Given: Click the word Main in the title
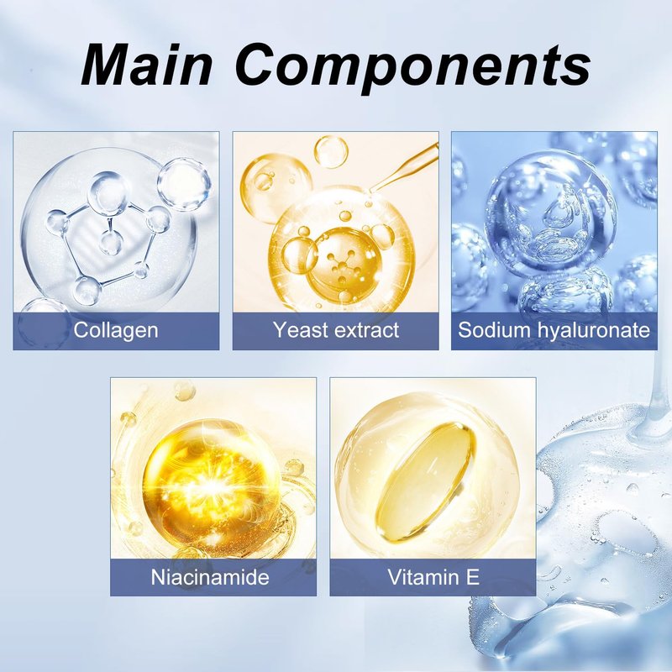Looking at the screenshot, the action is click(x=146, y=65).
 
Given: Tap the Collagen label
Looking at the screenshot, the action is click(x=116, y=331).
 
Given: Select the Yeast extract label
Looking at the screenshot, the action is click(x=336, y=330).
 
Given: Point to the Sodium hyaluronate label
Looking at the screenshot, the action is click(x=554, y=330).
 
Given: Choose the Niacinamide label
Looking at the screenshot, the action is click(x=210, y=577).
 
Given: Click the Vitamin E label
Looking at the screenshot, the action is click(x=433, y=577).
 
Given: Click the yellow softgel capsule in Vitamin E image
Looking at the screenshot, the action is click(x=425, y=480).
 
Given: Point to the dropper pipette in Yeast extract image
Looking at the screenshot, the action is click(x=404, y=167).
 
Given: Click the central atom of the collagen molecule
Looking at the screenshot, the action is click(x=111, y=243).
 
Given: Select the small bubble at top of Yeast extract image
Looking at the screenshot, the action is click(x=331, y=152).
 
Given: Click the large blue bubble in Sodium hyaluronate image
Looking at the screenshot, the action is click(x=551, y=213).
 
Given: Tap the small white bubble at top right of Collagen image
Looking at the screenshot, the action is click(x=184, y=184).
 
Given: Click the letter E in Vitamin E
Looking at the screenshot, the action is click(x=473, y=577).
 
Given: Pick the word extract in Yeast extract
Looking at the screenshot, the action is click(x=367, y=330).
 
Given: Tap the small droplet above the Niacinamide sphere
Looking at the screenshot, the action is click(x=185, y=391).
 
